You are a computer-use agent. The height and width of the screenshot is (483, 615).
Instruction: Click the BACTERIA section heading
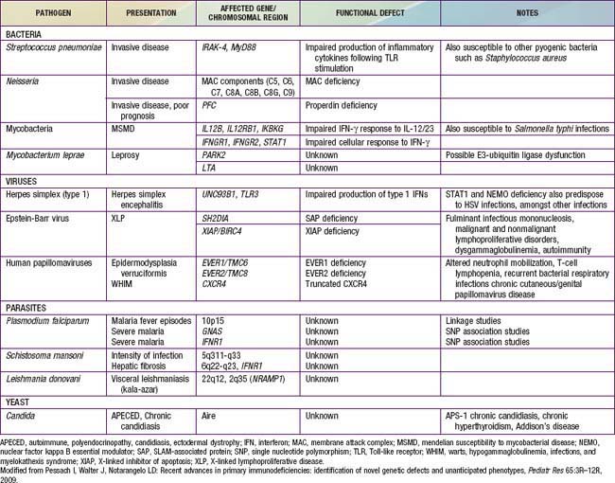pyautogui.click(x=26, y=31)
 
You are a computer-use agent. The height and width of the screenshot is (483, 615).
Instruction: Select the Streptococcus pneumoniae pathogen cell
pyautogui.click(x=55, y=46)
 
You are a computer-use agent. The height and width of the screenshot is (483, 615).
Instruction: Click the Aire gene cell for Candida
pyautogui.click(x=211, y=415)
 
